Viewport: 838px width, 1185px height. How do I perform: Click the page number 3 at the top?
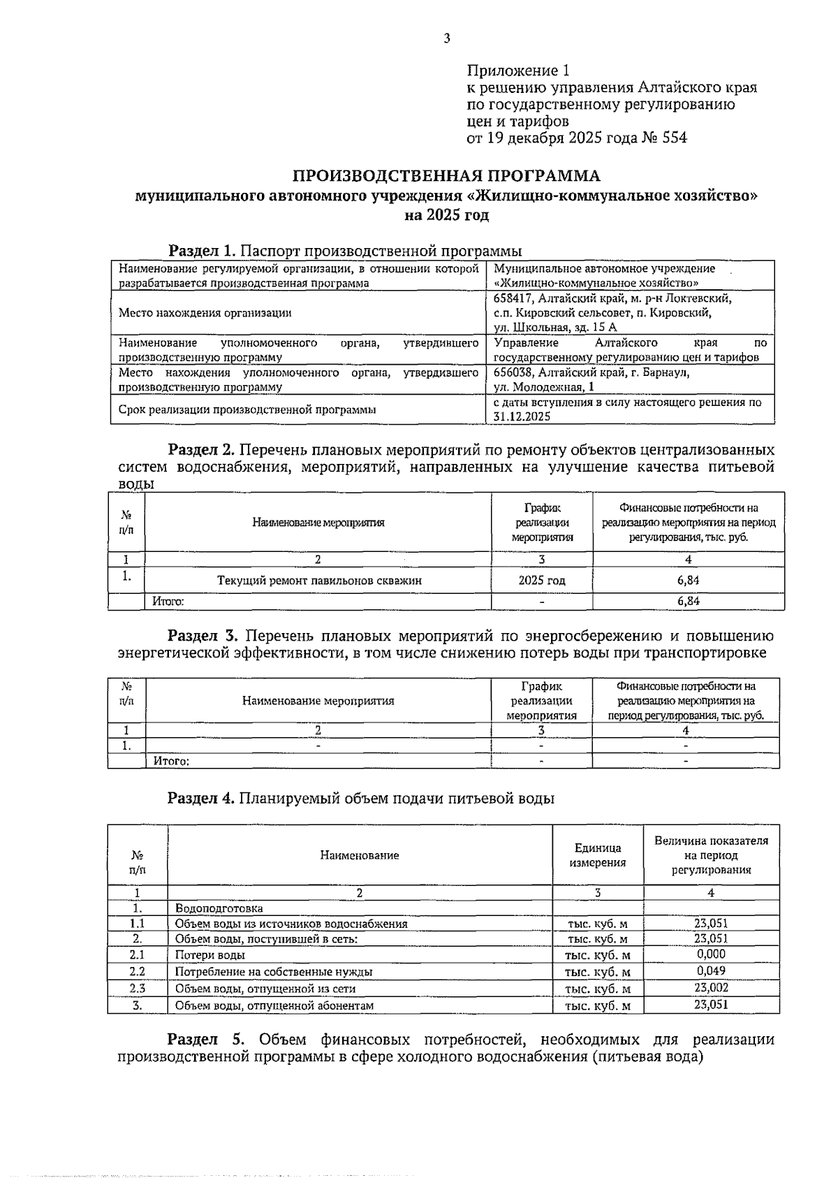[x=446, y=38]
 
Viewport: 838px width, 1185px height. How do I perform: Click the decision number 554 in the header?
[x=673, y=138]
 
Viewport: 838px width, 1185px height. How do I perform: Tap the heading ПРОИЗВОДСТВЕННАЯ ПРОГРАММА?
[x=446, y=175]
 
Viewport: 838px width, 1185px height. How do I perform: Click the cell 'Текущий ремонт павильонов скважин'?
[x=319, y=581]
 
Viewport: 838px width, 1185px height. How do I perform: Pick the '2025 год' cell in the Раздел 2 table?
[x=542, y=581]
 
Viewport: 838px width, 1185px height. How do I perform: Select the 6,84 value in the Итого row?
[x=688, y=602]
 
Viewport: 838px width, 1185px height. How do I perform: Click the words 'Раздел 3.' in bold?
[x=203, y=636]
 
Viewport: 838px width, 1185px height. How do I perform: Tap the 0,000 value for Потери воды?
[x=711, y=954]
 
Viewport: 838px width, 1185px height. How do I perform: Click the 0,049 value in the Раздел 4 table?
[x=711, y=971]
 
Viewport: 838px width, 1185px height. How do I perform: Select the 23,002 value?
[x=711, y=988]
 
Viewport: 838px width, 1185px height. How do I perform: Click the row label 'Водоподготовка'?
[x=219, y=908]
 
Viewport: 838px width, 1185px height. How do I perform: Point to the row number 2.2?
[x=137, y=971]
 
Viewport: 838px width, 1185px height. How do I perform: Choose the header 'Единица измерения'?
[x=598, y=855]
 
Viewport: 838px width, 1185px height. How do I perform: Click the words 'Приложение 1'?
[x=518, y=71]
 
